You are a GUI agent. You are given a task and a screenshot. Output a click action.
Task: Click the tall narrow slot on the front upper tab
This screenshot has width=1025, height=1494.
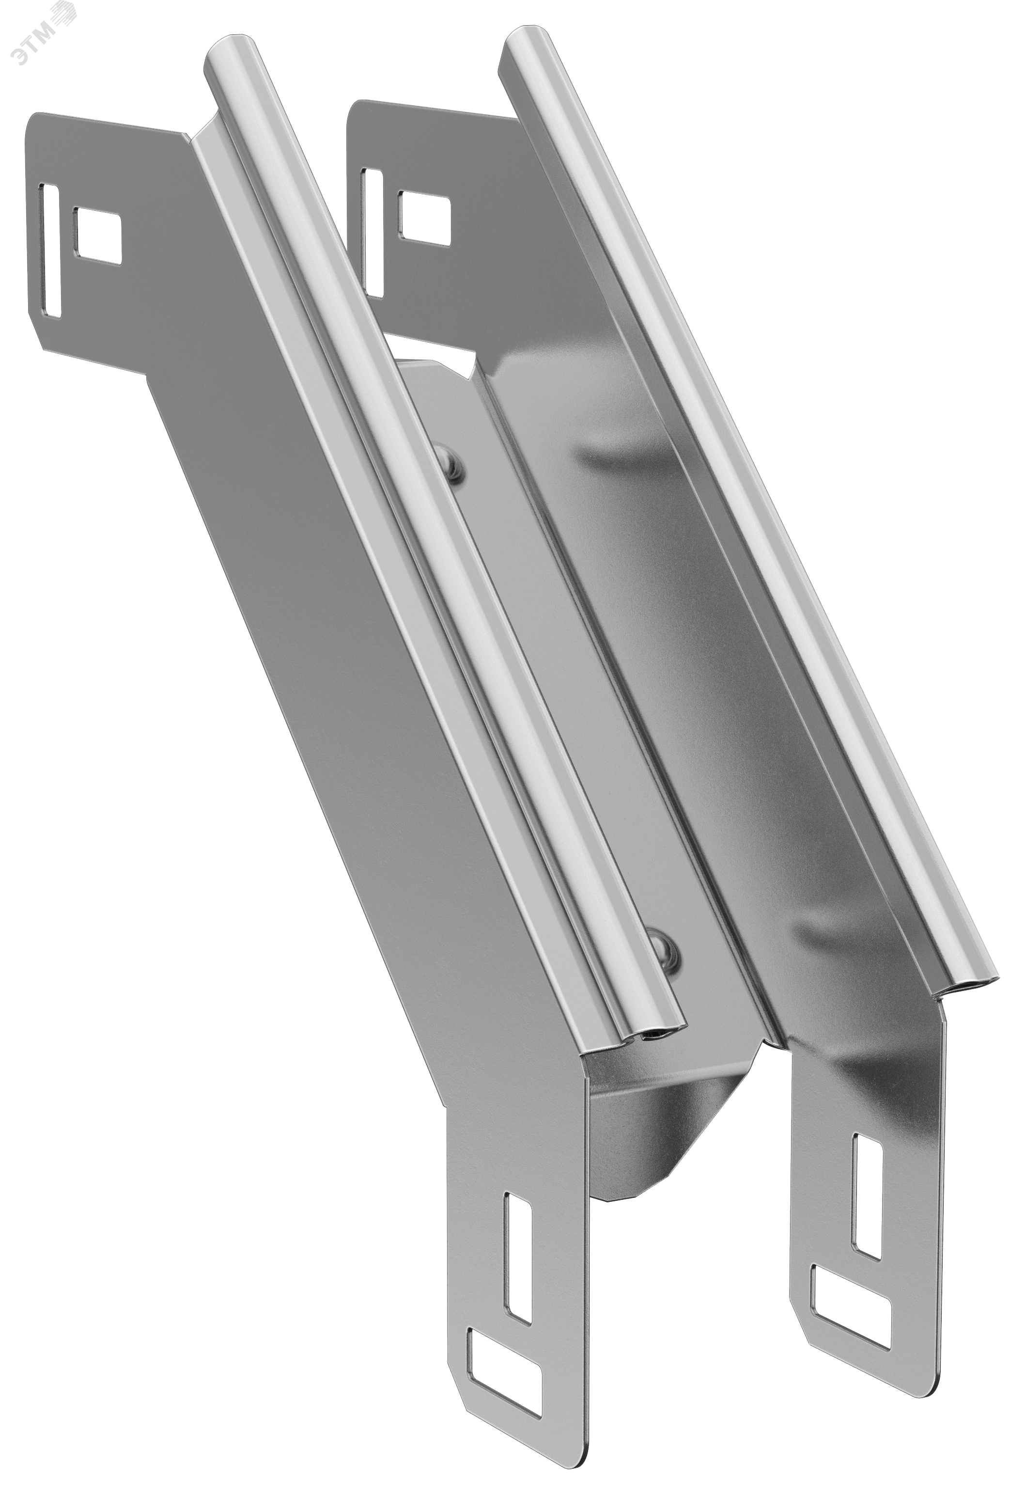tap(50, 250)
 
